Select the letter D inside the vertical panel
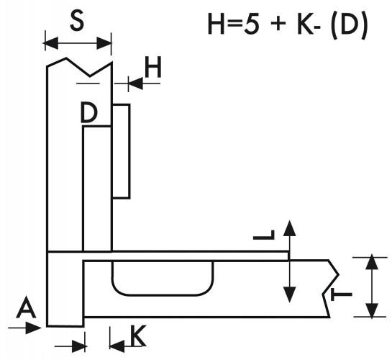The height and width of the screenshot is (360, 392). pos(88,113)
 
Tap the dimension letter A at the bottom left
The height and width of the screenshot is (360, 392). pos(26,307)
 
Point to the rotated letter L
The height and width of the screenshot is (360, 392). pos(264,235)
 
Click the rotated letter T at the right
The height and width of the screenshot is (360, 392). pos(342,294)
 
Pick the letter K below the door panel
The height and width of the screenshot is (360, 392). pos(138,336)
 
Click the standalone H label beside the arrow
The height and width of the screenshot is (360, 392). pos(153,67)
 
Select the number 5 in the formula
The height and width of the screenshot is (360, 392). pos(252,24)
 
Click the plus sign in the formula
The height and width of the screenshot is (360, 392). pos(278,24)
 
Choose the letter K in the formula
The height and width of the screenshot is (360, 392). pos(306,24)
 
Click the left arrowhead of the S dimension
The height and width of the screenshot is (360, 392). pos(52,43)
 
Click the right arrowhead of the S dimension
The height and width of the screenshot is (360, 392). pos(104,43)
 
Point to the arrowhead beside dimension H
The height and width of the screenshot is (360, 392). pos(136,84)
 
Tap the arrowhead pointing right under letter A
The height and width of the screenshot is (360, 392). pos(33,328)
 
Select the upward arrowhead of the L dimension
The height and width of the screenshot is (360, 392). pos(289,228)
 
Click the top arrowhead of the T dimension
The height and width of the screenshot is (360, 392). pos(372,262)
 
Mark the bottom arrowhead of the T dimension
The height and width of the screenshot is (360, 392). pos(372,310)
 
